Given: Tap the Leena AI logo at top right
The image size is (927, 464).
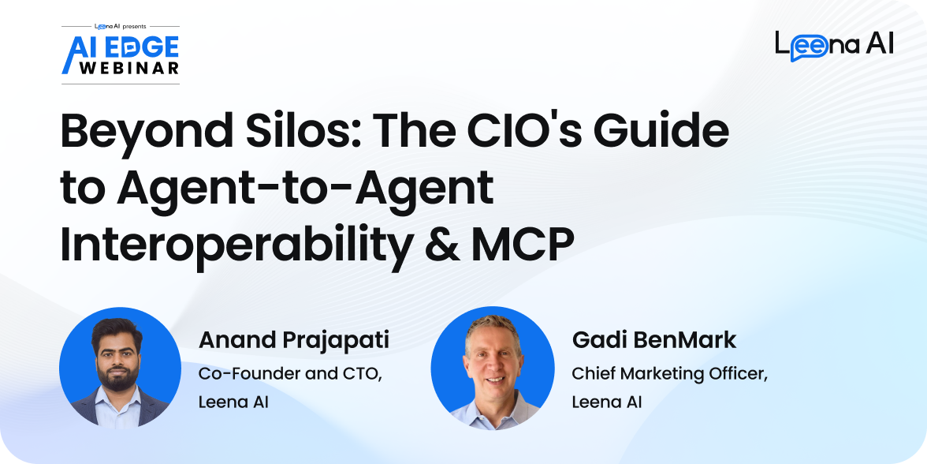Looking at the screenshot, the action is pos(834,45).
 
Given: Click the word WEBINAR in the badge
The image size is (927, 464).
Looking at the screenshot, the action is pos(129,68).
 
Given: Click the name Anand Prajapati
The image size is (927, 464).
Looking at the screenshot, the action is pos(294,342).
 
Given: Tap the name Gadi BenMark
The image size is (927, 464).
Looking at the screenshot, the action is pos(654,340).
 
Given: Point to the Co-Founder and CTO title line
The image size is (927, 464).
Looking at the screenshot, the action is pos(290,376).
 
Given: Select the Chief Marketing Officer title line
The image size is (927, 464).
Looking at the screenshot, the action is pos(670,376).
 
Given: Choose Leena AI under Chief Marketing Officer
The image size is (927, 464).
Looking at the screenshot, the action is pos(607,402).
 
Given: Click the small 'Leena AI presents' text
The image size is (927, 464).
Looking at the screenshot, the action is pos(121,27).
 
